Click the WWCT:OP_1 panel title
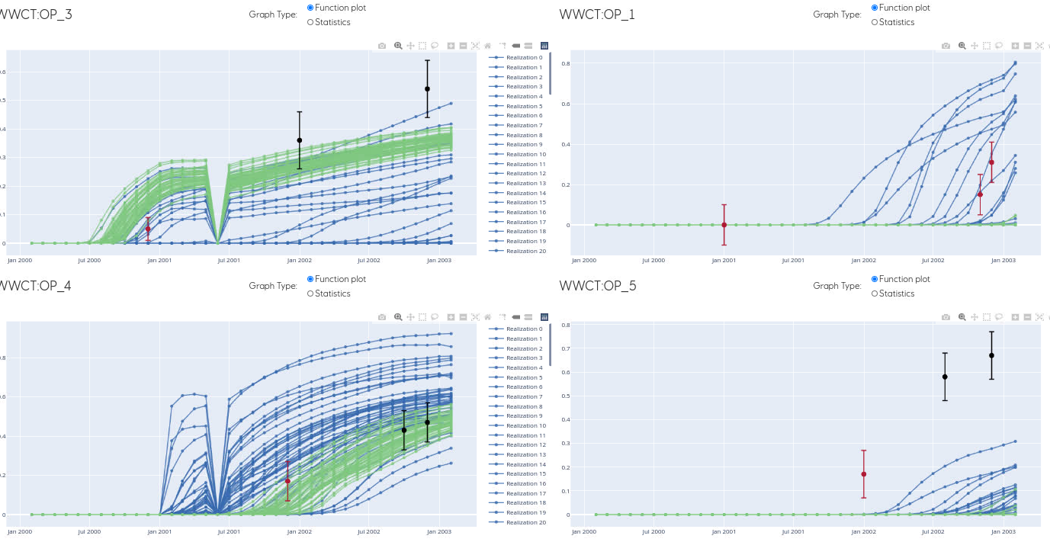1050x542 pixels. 597,14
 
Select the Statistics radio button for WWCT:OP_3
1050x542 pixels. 310,22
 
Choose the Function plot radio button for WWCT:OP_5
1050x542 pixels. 875,279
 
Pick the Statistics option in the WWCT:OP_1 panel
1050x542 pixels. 875,22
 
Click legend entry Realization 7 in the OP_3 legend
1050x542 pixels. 524,125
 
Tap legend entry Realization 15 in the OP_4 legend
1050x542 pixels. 524,474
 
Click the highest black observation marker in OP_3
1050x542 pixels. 427,89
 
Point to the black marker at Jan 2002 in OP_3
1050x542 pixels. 299,140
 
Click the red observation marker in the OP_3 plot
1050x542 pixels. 148,229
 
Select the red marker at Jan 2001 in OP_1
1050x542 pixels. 724,225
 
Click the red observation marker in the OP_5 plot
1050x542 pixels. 863,474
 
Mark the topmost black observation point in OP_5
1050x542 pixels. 991,355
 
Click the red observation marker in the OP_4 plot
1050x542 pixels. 287,481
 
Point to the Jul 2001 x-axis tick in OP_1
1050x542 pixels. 793,260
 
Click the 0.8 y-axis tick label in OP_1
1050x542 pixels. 566,63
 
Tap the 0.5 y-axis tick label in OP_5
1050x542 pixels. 565,396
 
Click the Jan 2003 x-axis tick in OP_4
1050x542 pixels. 438,531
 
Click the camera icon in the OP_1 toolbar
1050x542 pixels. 946,46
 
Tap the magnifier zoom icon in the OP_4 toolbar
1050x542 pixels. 397,317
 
